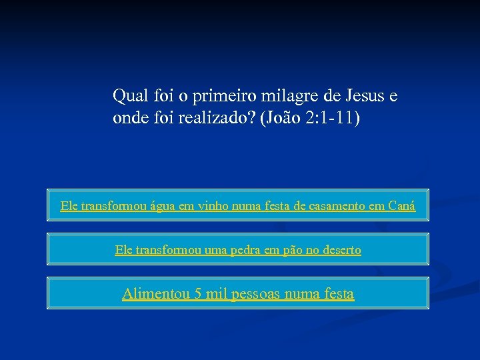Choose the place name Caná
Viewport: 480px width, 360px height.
tap(401, 206)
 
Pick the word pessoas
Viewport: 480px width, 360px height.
tap(257, 294)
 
